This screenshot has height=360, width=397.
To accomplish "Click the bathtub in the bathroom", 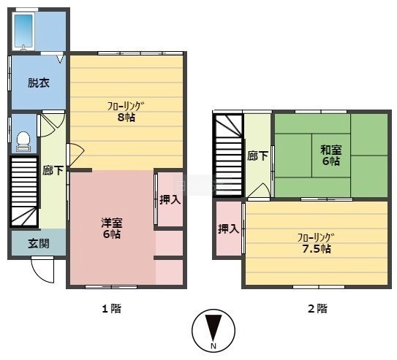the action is pyautogui.click(x=23, y=31).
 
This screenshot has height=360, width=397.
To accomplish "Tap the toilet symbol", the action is pyautogui.click(x=23, y=142).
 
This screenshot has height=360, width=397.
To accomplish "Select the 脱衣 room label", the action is pyautogui.click(x=39, y=83).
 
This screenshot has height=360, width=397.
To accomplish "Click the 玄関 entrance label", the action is pyautogui.click(x=39, y=243).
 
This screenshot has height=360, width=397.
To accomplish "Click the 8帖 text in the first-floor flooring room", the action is pyautogui.click(x=126, y=118).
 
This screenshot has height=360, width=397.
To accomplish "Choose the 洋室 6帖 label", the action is pyautogui.click(x=112, y=228).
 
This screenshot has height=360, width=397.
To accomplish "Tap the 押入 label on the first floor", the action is pyautogui.click(x=170, y=200).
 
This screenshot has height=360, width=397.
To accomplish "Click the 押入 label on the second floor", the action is pyautogui.click(x=229, y=229).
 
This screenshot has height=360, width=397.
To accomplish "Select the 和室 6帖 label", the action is pyautogui.click(x=331, y=156).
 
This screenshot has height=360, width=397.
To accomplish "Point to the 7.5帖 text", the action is pyautogui.click(x=317, y=249).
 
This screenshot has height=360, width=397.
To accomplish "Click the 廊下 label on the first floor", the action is pyautogui.click(x=53, y=170).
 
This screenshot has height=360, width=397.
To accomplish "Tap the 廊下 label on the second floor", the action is pyautogui.click(x=257, y=156).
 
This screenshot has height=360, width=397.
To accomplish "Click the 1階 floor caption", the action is pyautogui.click(x=112, y=309).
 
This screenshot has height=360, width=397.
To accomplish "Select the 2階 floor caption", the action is pyautogui.click(x=317, y=309).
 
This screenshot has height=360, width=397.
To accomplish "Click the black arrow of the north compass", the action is pyautogui.click(x=213, y=328).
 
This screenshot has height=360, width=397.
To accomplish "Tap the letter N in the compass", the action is pyautogui.click(x=213, y=345).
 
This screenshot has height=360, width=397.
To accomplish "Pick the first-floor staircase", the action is pyautogui.click(x=24, y=191).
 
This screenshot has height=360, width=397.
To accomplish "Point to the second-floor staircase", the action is pyautogui.click(x=229, y=155).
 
